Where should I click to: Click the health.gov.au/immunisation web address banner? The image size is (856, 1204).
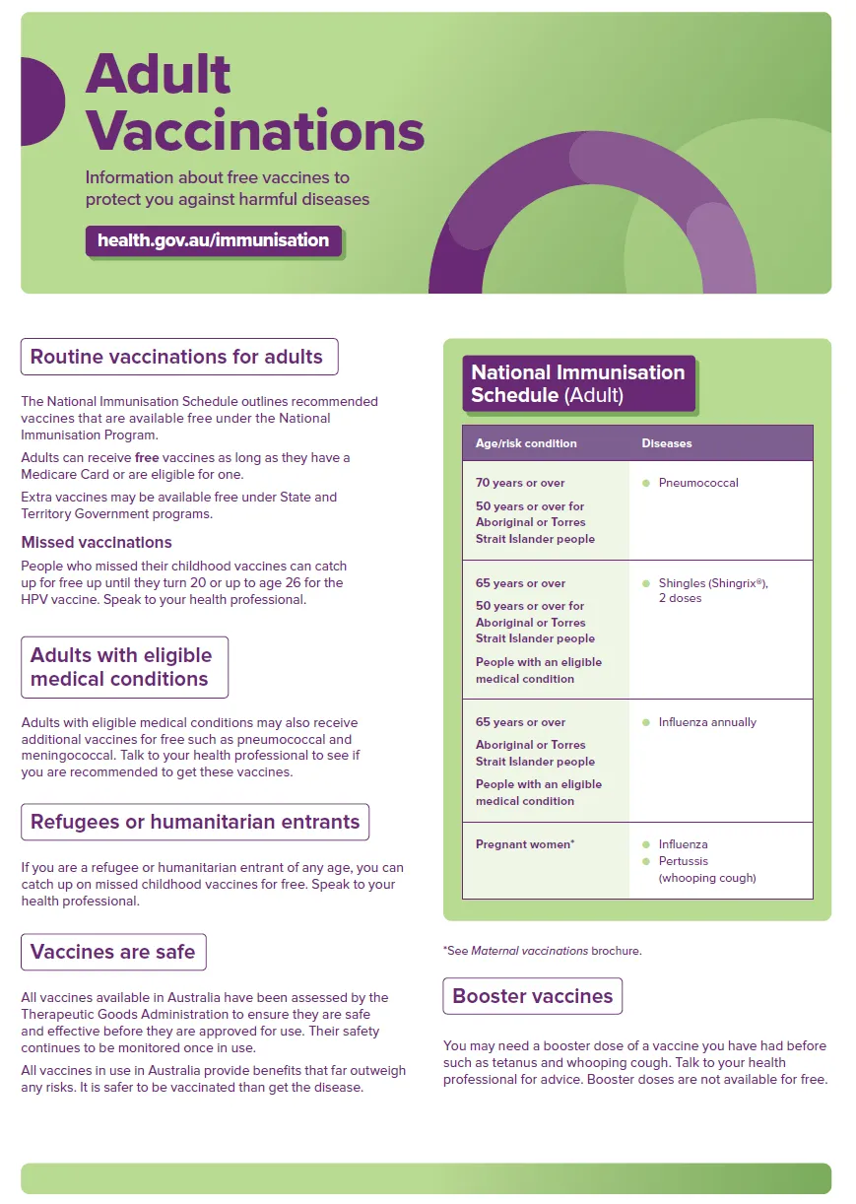(x=213, y=240)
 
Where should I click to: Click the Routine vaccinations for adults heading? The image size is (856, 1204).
(x=177, y=357)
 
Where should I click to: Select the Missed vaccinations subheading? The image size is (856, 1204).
(x=97, y=543)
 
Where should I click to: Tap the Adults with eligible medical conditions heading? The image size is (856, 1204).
(x=122, y=667)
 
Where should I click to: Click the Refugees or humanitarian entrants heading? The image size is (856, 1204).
(x=195, y=822)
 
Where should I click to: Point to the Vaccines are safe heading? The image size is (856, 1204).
(x=113, y=952)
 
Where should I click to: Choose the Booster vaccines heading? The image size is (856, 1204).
(x=532, y=996)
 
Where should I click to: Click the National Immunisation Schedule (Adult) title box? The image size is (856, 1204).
(x=578, y=384)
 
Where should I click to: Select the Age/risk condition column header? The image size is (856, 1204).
(x=526, y=443)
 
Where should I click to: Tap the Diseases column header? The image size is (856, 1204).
(x=667, y=443)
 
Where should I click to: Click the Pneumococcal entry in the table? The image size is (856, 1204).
(x=698, y=483)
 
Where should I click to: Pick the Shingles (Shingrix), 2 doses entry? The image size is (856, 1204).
(x=712, y=591)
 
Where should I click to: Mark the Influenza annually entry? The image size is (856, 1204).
(x=707, y=722)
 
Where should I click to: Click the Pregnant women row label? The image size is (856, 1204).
(x=525, y=844)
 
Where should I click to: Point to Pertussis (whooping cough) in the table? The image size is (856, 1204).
(x=705, y=869)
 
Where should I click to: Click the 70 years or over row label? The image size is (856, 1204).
(x=520, y=483)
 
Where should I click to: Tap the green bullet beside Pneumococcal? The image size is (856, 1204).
(x=646, y=483)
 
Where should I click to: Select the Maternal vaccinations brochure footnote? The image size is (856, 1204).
(x=542, y=951)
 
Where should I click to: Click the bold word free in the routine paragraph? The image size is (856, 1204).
(x=146, y=458)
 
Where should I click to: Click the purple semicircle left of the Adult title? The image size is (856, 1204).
(x=41, y=101)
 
